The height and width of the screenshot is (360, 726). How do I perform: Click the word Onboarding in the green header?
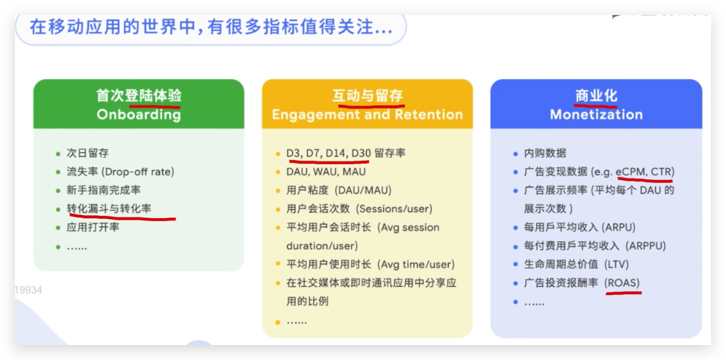[138, 114]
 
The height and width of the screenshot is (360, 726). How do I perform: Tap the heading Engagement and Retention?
[367, 114]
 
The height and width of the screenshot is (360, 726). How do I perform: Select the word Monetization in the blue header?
[596, 114]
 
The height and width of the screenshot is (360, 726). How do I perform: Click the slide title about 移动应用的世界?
[211, 28]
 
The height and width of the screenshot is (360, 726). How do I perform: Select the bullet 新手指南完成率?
[104, 190]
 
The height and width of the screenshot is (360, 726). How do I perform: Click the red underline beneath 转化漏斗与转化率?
[122, 216]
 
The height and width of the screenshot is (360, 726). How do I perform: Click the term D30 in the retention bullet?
[361, 153]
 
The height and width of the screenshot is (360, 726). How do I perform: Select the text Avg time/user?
[416, 264]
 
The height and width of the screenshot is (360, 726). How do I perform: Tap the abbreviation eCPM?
[630, 172]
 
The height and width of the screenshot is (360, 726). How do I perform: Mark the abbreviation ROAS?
[623, 283]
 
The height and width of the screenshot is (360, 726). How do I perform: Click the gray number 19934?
[28, 290]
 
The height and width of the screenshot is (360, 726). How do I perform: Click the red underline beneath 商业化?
[595, 106]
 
